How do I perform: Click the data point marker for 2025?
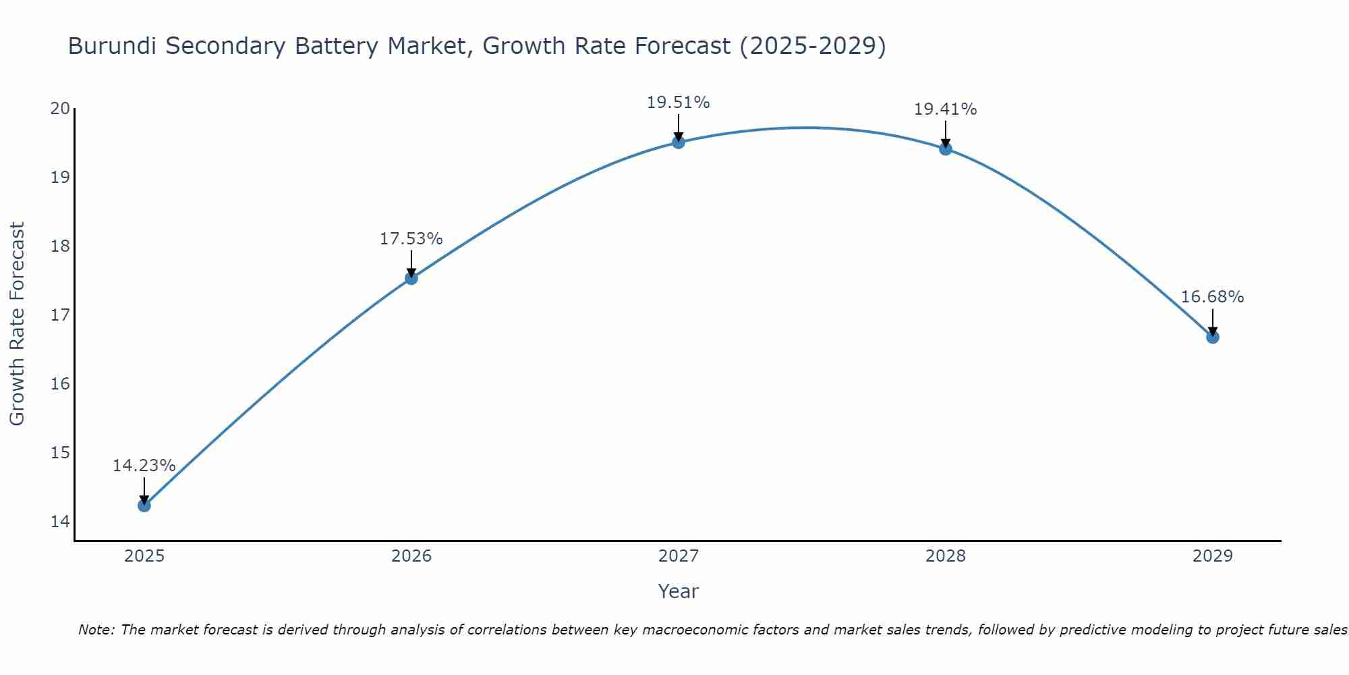[x=144, y=505]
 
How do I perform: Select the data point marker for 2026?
[x=411, y=278]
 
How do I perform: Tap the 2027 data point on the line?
[x=679, y=142]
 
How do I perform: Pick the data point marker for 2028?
[x=946, y=148]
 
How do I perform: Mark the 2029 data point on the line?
[x=1213, y=337]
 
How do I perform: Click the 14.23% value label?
[x=144, y=466]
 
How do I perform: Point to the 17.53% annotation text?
[x=411, y=239]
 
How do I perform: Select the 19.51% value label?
[x=678, y=103]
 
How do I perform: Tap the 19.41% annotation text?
[x=945, y=109]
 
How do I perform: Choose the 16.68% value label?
[x=1212, y=297]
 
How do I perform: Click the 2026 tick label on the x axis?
[x=411, y=556]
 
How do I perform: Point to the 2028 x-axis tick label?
[x=946, y=556]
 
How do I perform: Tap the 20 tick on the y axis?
[x=61, y=109]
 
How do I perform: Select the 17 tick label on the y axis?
[x=61, y=315]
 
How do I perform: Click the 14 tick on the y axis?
[x=61, y=522]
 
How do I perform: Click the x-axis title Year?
[x=678, y=591]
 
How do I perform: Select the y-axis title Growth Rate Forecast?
[x=18, y=324]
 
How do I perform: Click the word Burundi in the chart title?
[x=112, y=47]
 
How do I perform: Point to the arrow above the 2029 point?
[x=1213, y=321]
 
